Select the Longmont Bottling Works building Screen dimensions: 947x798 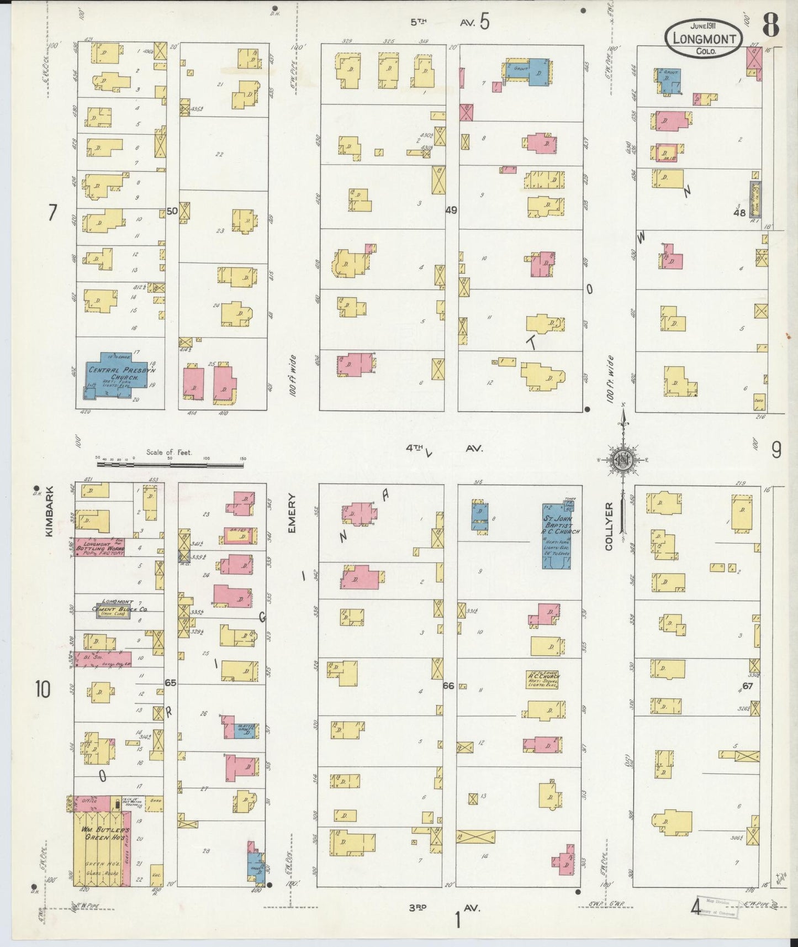click(x=99, y=546)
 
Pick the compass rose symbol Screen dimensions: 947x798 click(x=622, y=459)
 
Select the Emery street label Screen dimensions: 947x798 click(x=292, y=514)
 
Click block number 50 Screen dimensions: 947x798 click(x=172, y=211)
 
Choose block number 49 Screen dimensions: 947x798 click(x=451, y=210)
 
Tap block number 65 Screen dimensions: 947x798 click(x=170, y=683)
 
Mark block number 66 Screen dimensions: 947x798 click(x=448, y=686)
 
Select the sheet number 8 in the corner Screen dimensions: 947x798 click(x=771, y=24)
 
